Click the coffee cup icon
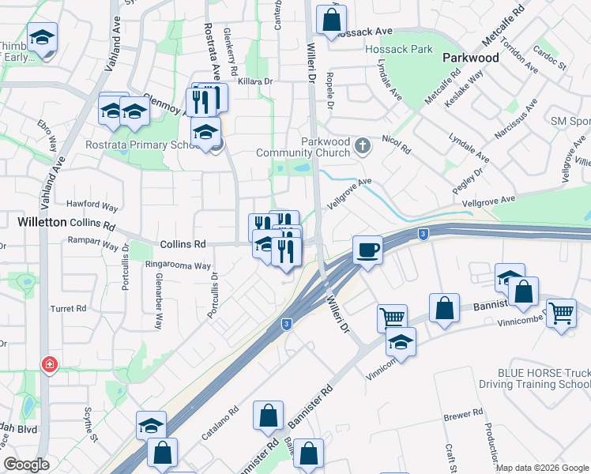367,250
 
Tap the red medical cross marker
49,365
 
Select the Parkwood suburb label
471,58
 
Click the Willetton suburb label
42,223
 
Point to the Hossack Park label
400,49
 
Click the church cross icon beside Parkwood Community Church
363,145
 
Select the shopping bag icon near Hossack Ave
332,19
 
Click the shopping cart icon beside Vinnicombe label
561,313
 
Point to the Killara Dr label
253,81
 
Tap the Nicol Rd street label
396,149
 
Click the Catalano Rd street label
220,423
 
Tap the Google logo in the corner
27,465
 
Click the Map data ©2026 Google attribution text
542,468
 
